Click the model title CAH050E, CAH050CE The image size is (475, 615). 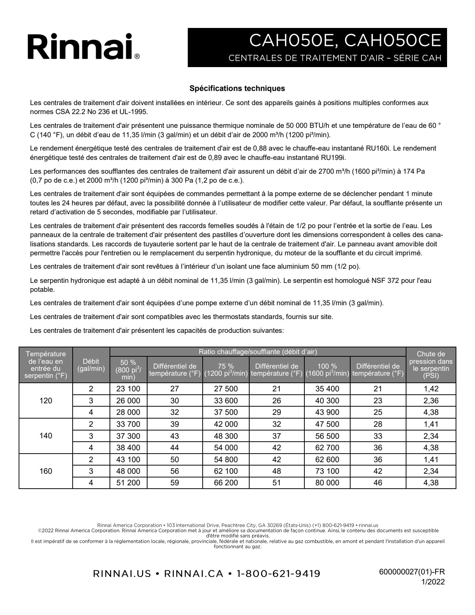tap(345, 40)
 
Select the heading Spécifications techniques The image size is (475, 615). tap(237, 88)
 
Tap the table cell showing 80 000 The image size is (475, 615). tap(327, 483)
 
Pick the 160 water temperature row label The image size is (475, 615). tap(46, 471)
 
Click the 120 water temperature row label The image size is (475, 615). tap(46, 401)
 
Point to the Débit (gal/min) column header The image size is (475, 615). tap(91, 365)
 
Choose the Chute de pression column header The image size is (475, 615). tap(431, 365)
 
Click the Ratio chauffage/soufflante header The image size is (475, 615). tap(258, 351)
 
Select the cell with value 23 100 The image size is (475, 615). tap(128, 389)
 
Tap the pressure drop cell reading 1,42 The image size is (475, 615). tap(431, 389)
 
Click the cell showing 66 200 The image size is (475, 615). tap(226, 483)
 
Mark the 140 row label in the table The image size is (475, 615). tap(46, 436)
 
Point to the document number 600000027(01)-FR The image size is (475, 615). tap(412, 572)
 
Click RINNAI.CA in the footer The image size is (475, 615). tap(193, 574)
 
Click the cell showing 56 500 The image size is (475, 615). tap(327, 436)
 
